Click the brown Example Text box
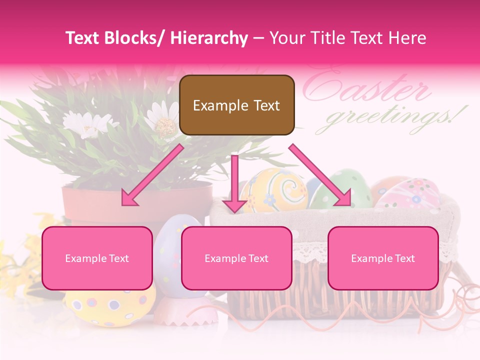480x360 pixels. click(236, 105)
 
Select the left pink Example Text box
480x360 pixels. click(97, 258)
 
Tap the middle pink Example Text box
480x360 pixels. click(236, 258)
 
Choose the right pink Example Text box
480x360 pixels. click(383, 258)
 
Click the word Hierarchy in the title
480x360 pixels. click(209, 38)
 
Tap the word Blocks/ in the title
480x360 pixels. click(136, 38)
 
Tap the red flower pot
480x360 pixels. click(135, 202)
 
